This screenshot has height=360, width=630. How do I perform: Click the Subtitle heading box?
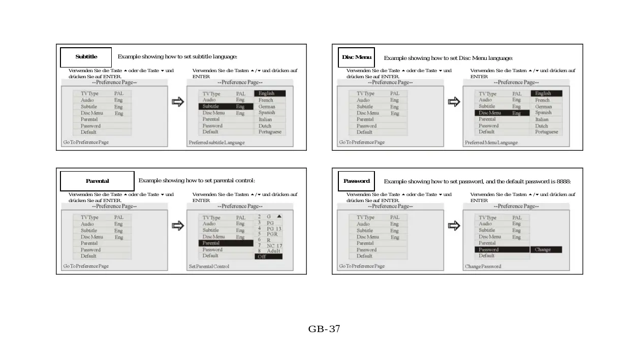86,57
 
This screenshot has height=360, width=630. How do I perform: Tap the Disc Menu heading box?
356,57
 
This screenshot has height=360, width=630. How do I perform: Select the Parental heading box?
97,181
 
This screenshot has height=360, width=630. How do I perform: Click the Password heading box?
356,181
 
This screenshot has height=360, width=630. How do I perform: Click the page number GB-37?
324,329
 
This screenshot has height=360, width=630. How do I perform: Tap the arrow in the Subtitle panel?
177,102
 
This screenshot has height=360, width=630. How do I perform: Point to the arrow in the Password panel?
454,226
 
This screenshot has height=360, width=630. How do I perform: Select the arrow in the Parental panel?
177,226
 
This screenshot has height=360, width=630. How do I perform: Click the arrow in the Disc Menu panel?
454,102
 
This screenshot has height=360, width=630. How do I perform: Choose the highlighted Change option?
546,250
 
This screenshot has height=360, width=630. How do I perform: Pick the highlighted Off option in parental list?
268,256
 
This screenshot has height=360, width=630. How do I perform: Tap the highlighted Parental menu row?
226,243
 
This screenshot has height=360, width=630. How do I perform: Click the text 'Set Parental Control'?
209,267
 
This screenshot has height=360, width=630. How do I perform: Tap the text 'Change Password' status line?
483,267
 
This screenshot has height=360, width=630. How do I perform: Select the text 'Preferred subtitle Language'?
216,143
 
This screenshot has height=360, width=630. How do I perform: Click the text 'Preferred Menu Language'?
491,143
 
